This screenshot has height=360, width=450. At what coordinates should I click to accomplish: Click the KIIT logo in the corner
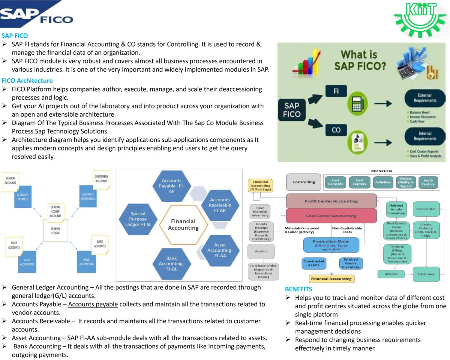[x=421, y=19]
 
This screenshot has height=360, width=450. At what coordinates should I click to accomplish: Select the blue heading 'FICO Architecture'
[x=27, y=81]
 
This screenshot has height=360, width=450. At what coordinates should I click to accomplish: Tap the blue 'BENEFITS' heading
[x=298, y=289]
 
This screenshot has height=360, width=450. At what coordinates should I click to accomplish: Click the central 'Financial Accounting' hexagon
[x=183, y=225]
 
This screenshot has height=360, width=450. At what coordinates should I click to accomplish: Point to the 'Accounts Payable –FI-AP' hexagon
[x=171, y=186]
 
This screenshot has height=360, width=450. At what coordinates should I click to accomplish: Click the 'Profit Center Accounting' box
[x=331, y=201]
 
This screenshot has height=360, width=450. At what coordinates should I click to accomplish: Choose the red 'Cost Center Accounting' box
[x=331, y=216]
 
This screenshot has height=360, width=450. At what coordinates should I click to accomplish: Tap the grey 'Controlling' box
[x=304, y=182]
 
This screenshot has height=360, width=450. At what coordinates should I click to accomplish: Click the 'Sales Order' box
[x=426, y=209]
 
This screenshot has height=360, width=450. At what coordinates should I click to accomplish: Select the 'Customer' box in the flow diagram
[x=426, y=274]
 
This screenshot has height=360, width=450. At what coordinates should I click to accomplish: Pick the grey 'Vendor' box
[x=261, y=251]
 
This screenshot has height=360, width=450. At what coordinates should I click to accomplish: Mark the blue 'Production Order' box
[x=331, y=245]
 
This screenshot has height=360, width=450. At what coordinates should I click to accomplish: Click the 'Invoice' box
[x=391, y=274]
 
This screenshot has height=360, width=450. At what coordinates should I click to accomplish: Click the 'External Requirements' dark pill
[x=424, y=98]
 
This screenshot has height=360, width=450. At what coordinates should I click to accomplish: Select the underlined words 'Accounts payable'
[x=93, y=304]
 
